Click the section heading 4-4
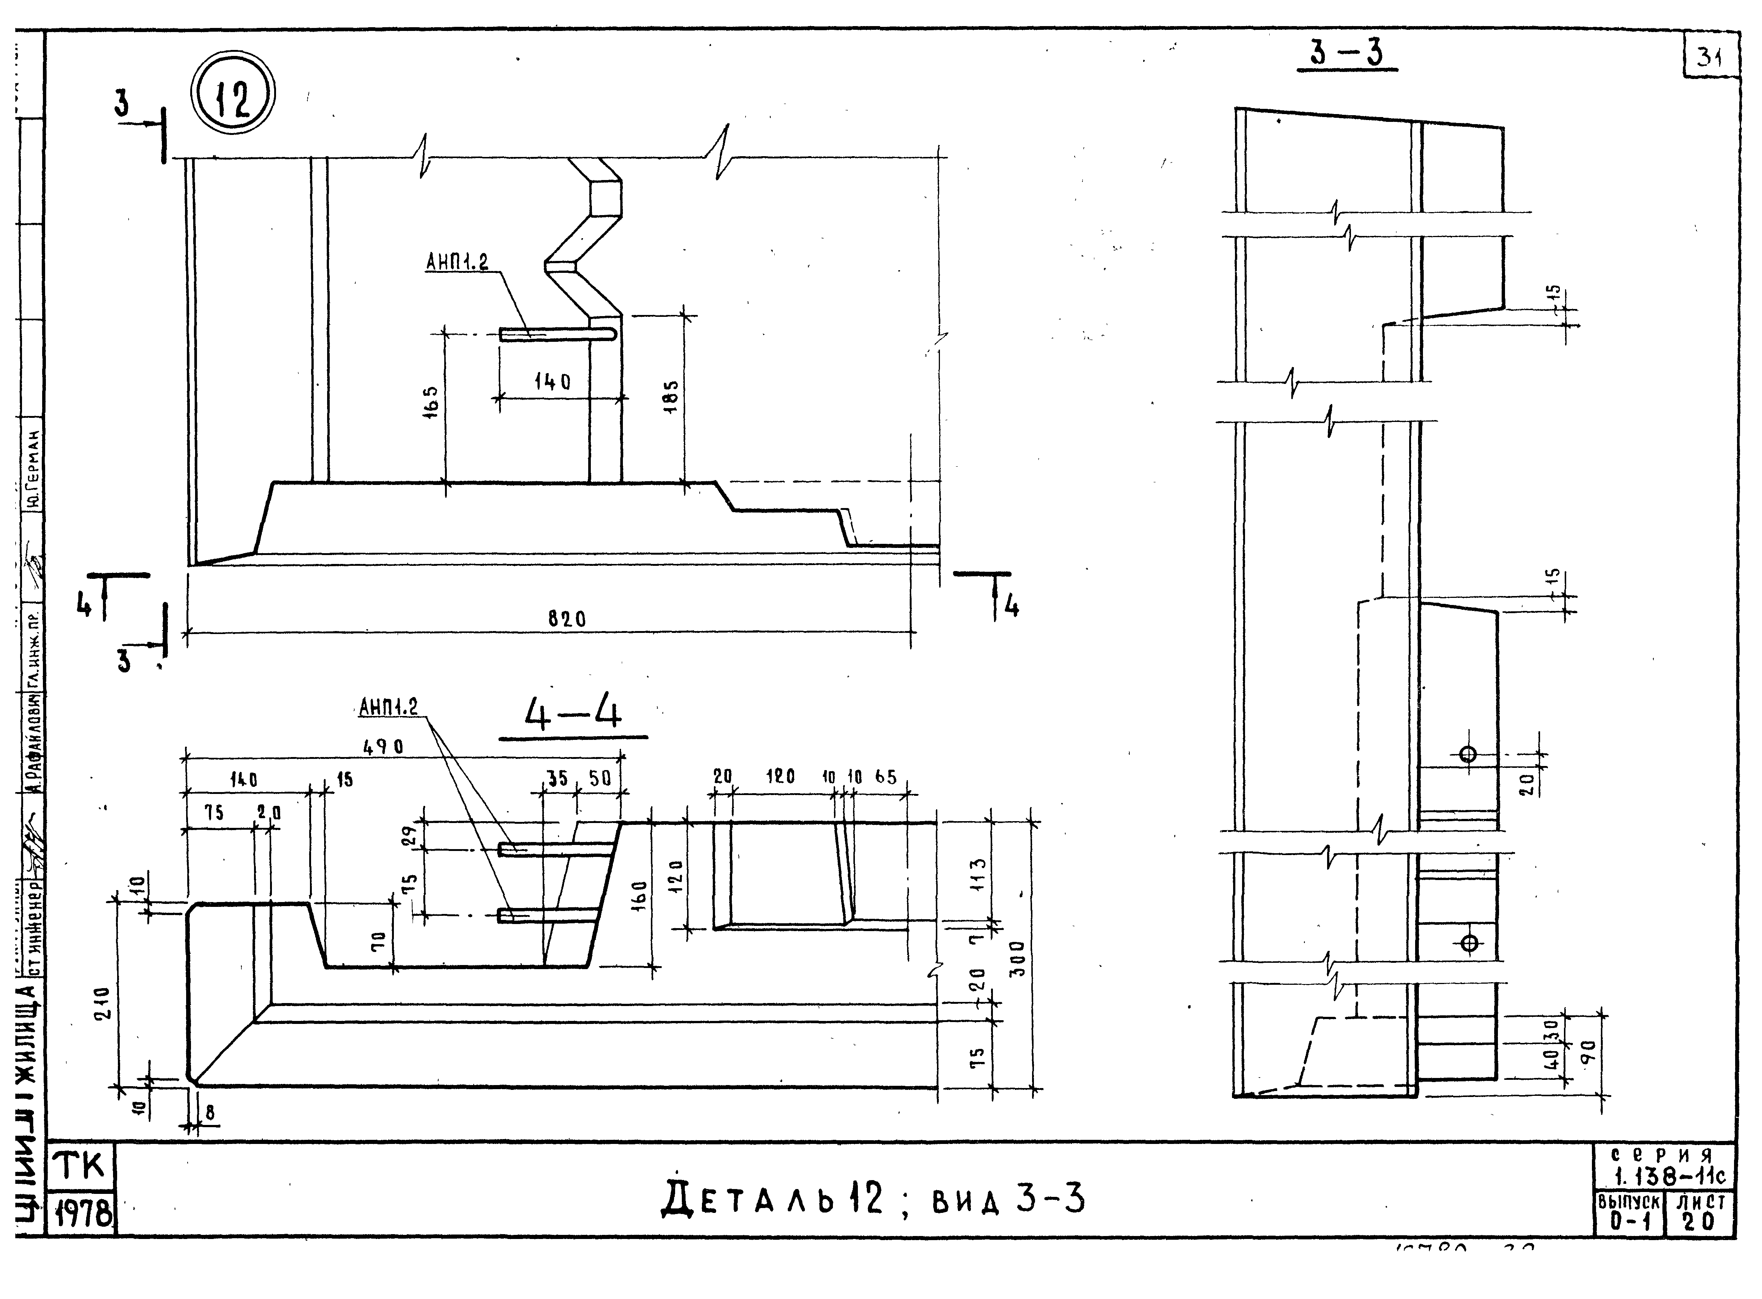point(573,716)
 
